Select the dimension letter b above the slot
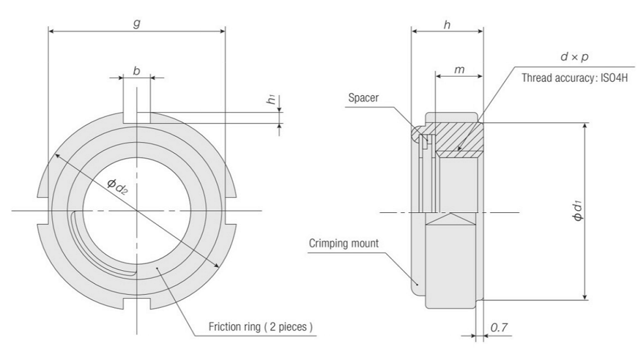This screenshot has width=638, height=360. [x=136, y=70]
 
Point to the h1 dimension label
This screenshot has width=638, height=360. [x=271, y=100]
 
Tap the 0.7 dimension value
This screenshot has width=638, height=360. [x=499, y=329]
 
